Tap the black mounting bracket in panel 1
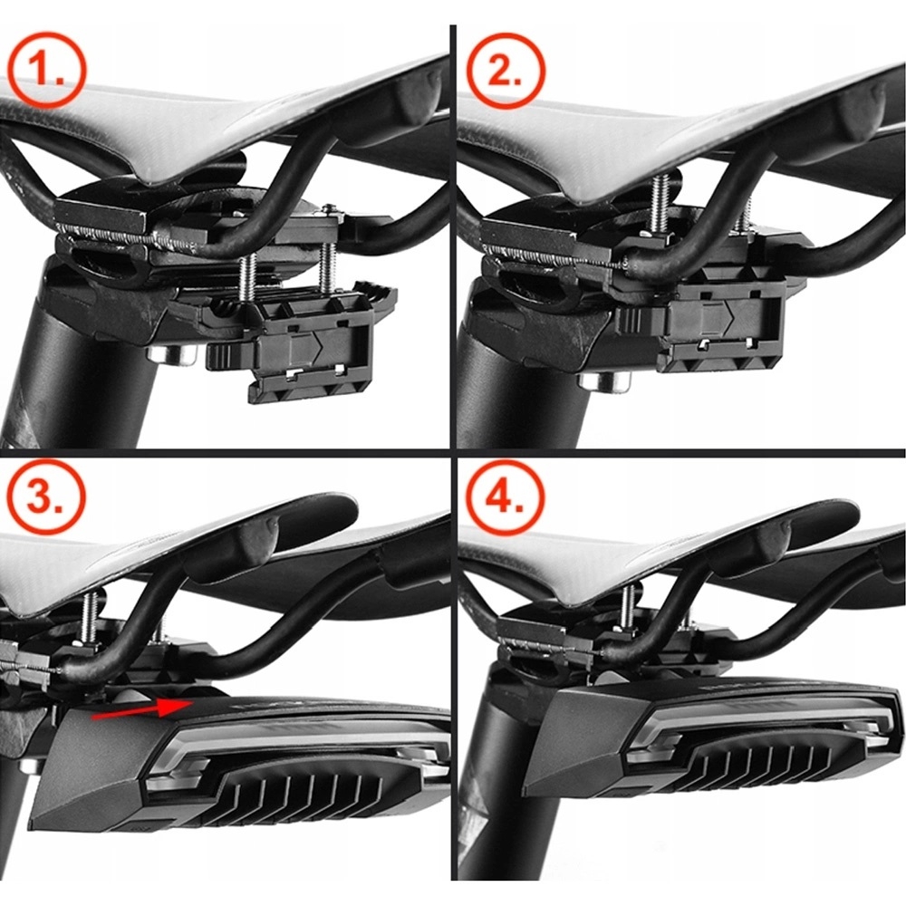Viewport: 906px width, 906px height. tap(308, 349)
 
